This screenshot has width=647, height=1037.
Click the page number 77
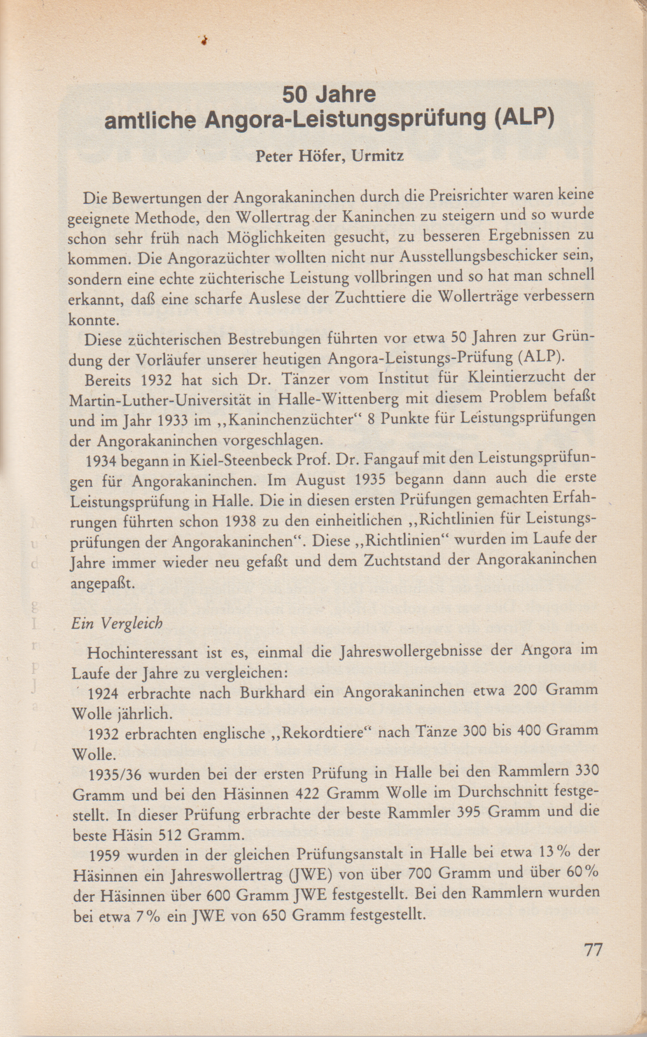click(593, 950)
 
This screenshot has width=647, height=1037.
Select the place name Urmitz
click(378, 156)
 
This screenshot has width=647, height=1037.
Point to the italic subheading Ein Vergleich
click(117, 624)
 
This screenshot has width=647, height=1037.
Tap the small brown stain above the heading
click(204, 40)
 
